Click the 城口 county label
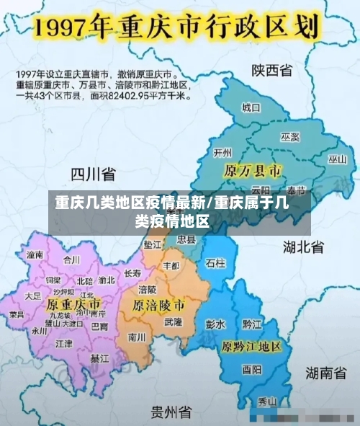coord(251,107)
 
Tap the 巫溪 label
coord(289,136)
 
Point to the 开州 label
coord(223,152)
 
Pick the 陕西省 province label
coord(271,70)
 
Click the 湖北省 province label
coord(303,247)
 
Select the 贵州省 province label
coord(171,412)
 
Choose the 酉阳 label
coord(252,370)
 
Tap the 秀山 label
coord(268,401)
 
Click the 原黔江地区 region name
coord(251,346)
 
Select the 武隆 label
coord(174,321)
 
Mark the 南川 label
coord(137,336)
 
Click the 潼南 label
coord(35,254)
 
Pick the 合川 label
coord(72,259)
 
